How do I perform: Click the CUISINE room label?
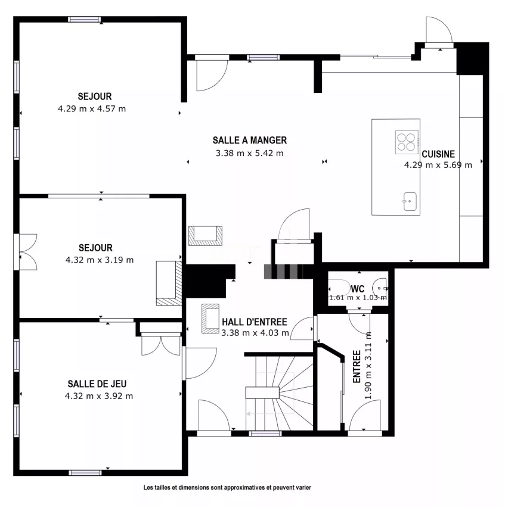(x=438, y=154)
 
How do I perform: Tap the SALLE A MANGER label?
(x=250, y=141)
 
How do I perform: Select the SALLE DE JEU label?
(x=97, y=384)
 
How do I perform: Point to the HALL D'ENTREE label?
(x=255, y=322)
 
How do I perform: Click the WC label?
(x=358, y=289)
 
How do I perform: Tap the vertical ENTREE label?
(x=357, y=366)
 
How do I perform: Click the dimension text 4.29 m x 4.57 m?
(x=92, y=109)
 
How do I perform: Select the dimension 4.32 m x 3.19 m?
(x=100, y=260)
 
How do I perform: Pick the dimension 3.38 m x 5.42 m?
(x=250, y=153)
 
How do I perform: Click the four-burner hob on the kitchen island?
(x=407, y=142)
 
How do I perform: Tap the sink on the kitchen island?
(x=410, y=201)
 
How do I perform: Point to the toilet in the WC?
(x=339, y=288)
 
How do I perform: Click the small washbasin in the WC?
(x=380, y=288)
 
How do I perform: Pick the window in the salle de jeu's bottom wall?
(x=85, y=473)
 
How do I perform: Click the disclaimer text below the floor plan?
(x=227, y=487)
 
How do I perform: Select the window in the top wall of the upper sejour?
(x=85, y=20)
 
